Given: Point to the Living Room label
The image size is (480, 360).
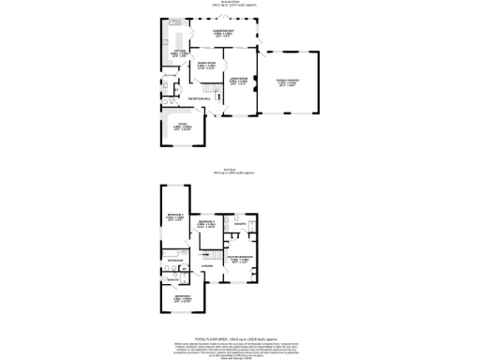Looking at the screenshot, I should point(239,81).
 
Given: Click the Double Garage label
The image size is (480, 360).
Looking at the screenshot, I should point(291,84).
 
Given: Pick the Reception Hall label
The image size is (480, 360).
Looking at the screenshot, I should point(199,98).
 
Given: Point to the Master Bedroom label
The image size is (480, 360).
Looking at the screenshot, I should point(239,260).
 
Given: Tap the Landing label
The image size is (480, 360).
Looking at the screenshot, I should point(207,266).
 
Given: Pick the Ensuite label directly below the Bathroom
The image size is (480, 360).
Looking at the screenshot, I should point(172,280).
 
